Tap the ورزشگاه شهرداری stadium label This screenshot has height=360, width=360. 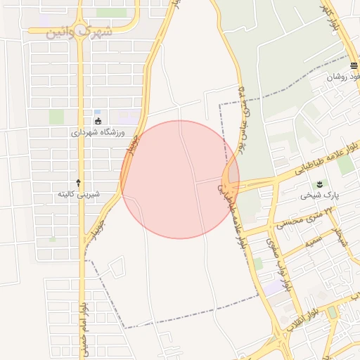tap(98, 131)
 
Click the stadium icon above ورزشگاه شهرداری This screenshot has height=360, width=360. tap(98, 120)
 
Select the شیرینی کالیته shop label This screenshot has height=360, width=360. tap(78, 193)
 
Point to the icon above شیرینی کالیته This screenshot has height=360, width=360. tap(78, 182)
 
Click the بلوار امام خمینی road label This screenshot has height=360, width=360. tap(83, 323)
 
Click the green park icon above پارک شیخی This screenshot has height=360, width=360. tap(321, 184)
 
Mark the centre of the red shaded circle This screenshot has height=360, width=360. tap(179, 179)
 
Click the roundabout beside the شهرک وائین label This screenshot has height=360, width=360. tap(82, 33)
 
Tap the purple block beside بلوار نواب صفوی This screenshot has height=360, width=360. tap(271, 288)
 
